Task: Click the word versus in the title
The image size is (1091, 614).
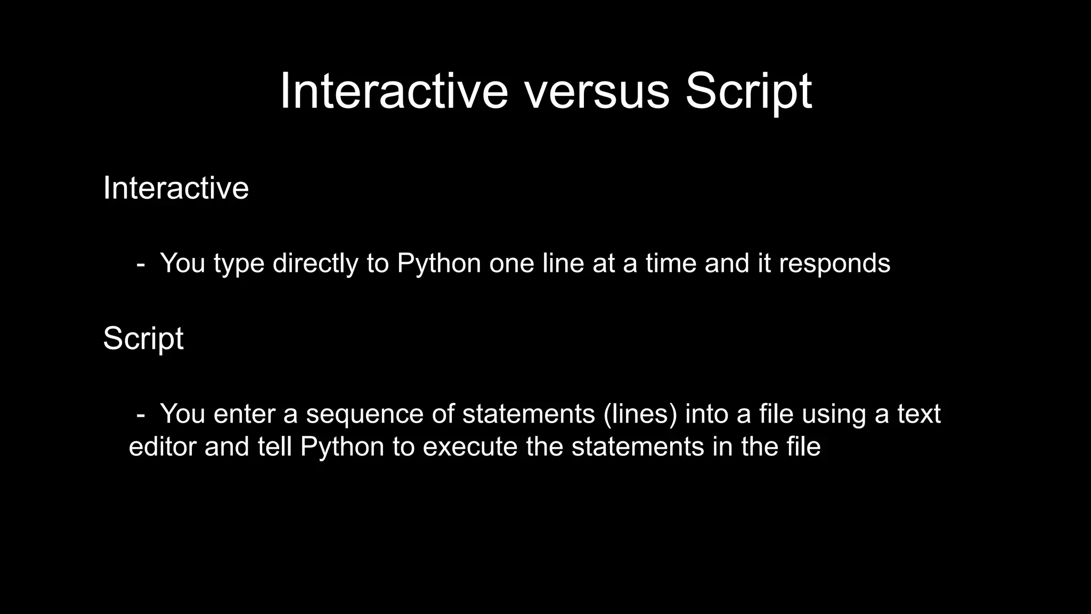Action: pos(597,92)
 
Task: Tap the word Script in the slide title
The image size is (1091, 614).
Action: pos(748,92)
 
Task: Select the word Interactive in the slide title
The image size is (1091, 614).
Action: pos(394,92)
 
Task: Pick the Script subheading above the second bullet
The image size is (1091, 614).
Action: pos(143,338)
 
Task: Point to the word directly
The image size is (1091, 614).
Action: pos(315,263)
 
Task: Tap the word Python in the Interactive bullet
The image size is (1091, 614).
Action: pos(439,263)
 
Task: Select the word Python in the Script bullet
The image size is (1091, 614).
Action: pos(342,447)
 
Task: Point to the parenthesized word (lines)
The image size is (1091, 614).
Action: pos(640,414)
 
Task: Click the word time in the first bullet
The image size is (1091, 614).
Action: pos(671,263)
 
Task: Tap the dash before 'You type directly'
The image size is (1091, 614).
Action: pos(141,263)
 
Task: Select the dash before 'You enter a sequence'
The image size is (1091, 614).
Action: pos(141,414)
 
